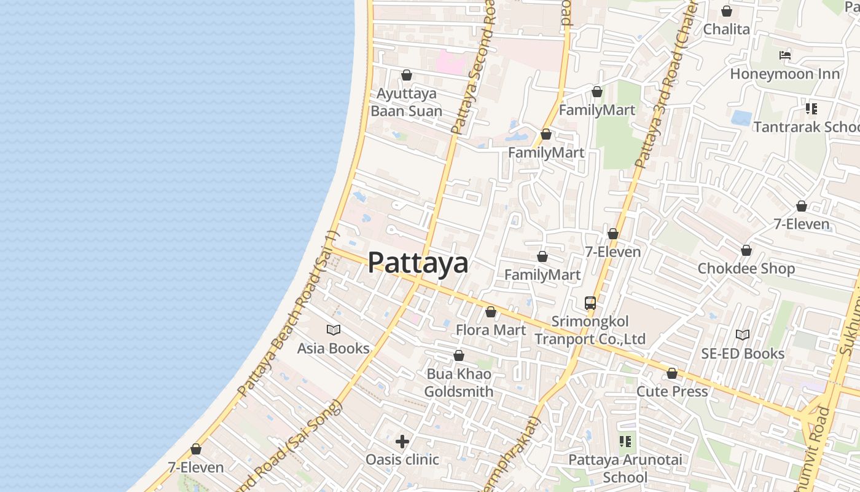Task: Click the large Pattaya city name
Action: (418, 263)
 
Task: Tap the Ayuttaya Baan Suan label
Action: (407, 102)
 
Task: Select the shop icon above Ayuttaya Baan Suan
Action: (407, 75)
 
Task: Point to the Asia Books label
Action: (334, 348)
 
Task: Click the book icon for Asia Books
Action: (334, 330)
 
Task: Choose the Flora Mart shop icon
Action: (491, 312)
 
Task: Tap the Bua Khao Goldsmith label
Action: (459, 383)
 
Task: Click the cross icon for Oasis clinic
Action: (402, 442)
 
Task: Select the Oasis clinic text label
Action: (402, 459)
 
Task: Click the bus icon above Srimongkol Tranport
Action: (590, 303)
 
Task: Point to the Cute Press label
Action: (672, 391)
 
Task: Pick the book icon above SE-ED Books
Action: (743, 335)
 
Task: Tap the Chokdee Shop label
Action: (746, 269)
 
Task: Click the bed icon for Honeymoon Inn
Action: (784, 55)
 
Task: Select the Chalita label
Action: (727, 29)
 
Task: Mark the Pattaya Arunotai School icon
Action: (625, 442)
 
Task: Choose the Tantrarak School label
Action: (806, 127)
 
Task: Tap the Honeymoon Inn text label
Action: (784, 74)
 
